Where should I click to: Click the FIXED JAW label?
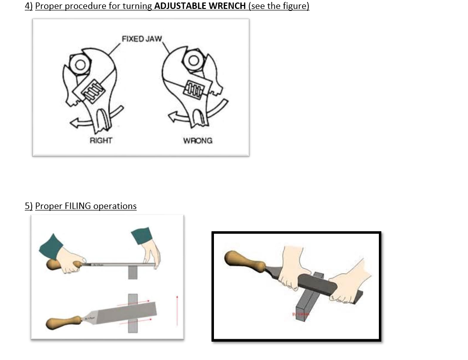click(x=142, y=39)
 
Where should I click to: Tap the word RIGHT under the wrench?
click(x=101, y=140)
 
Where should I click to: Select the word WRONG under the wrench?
click(x=198, y=141)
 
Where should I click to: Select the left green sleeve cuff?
click(x=51, y=246)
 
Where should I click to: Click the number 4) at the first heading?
click(x=29, y=6)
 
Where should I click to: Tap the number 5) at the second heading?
click(x=29, y=206)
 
